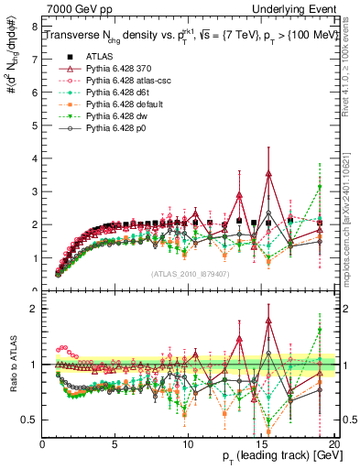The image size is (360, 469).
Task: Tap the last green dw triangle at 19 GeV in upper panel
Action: [320, 188]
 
